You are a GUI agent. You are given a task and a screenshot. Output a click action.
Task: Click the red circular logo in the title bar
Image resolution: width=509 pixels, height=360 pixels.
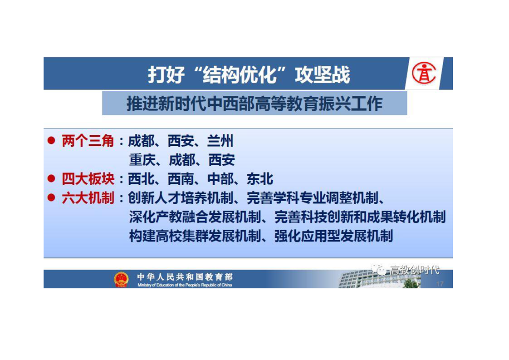tap(424, 73)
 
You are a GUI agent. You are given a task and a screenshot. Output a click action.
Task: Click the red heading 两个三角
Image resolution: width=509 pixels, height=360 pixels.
tap(88, 141)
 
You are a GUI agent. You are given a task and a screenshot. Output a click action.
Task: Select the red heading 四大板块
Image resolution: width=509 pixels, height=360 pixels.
tap(88, 179)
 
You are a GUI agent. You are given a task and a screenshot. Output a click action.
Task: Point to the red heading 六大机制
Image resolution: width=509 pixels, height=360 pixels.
tap(88, 198)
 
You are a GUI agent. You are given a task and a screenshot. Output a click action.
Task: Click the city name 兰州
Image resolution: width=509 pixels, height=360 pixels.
tap(220, 141)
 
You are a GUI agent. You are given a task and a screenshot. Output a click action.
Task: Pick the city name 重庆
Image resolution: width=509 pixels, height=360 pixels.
tap(142, 160)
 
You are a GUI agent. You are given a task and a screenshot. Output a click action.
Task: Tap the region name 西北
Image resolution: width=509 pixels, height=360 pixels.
tap(141, 179)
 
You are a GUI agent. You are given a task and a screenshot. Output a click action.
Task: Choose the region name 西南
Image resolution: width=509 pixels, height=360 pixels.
tap(181, 179)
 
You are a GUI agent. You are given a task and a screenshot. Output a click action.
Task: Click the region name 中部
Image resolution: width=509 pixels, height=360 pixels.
tap(220, 179)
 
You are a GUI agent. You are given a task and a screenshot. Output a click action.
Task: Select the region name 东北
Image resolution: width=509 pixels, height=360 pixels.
tap(259, 179)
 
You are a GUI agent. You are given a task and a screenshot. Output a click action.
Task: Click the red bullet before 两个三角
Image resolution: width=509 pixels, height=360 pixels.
tap(51, 140)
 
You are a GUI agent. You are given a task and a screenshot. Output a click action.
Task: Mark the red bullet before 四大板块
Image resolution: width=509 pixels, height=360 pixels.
tap(51, 178)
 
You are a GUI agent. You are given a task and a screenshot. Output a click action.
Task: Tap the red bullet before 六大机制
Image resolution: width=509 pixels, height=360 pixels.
tap(51, 197)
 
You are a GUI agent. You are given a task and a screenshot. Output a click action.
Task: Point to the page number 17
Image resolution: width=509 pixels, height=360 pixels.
tap(440, 284)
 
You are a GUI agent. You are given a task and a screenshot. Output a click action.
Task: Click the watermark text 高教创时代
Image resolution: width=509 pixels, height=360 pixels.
tap(415, 270)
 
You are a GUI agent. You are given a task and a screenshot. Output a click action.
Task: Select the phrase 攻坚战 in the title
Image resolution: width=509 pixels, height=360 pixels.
tap(322, 74)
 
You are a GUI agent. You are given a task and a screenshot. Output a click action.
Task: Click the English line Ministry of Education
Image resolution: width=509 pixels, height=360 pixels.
tap(185, 285)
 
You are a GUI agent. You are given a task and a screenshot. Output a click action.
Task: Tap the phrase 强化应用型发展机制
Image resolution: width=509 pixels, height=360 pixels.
tap(333, 236)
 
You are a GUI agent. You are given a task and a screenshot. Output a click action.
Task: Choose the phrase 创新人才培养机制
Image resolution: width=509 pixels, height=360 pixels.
tap(181, 198)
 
